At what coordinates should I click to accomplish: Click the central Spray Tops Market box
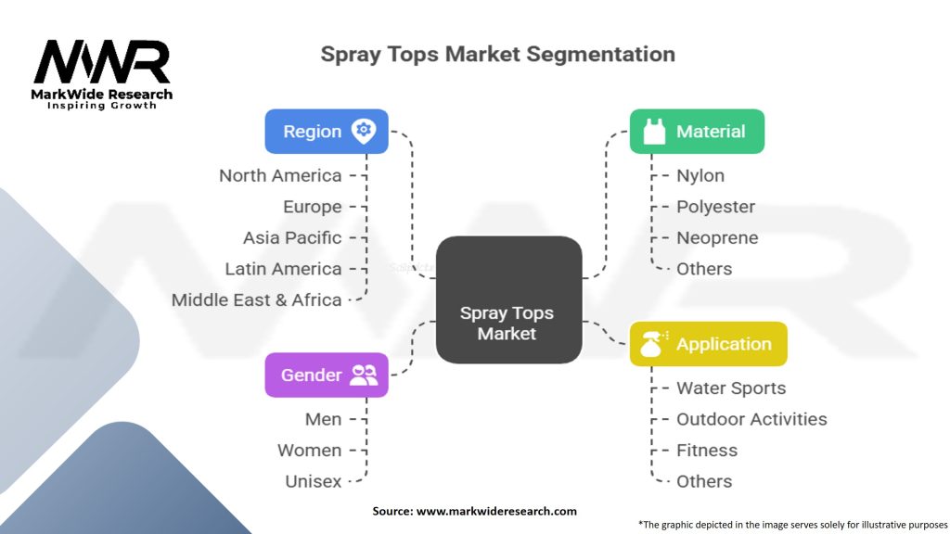pos(508,299)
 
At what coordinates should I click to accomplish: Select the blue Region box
pos(326,131)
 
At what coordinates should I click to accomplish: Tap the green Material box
pos(697,131)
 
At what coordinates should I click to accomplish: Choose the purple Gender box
pos(326,375)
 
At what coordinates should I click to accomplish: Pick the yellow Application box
pos(708,344)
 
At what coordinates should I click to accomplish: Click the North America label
pos(280,175)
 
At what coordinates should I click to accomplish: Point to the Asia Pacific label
pos(292,237)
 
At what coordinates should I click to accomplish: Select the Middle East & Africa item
pos(256,299)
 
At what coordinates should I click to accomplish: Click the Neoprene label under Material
pos(717,237)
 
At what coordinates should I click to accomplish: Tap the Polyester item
pos(715,207)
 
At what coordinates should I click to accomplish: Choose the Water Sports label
pos(731,388)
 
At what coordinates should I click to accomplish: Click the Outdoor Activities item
pos(751,419)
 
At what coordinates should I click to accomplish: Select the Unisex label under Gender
pos(313,481)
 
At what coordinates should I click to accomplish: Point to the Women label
pos(309,450)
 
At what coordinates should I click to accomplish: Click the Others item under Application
pos(704,481)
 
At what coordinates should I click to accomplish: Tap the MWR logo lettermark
pos(102,62)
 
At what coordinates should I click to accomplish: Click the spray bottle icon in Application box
pos(652,344)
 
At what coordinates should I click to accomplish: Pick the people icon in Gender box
pos(364,375)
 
